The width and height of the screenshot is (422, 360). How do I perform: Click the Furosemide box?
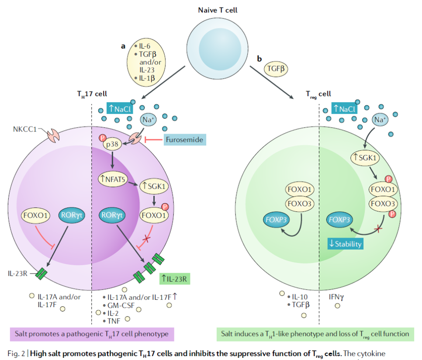pyautogui.click(x=184, y=140)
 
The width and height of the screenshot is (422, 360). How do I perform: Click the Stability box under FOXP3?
pyautogui.click(x=345, y=243)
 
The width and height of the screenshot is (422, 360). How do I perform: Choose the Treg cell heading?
pyautogui.click(x=318, y=93)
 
